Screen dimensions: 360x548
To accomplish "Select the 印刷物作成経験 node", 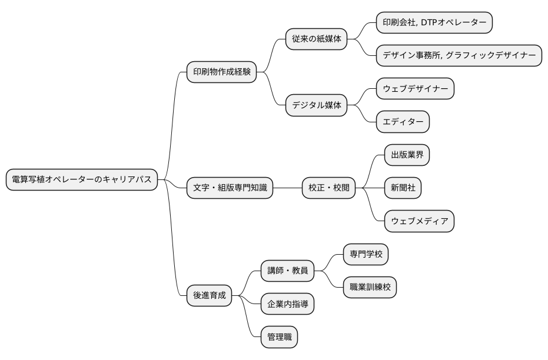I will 221,72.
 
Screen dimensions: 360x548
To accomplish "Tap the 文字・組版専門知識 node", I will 230,188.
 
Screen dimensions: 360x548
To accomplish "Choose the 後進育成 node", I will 209,295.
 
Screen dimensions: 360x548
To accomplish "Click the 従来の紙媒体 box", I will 316,39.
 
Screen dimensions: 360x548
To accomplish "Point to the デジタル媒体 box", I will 316,105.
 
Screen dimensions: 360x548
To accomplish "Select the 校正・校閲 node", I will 328,188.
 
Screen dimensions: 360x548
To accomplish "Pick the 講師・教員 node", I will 287,271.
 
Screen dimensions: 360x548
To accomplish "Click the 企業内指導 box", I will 287,304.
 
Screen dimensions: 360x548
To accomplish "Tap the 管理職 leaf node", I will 279,337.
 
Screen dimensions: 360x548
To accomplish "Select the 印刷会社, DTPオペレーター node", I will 434,22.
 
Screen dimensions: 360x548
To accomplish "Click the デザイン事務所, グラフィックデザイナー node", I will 459,55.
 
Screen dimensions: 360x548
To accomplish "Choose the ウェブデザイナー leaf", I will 415,89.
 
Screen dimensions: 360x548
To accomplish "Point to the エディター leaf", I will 403,122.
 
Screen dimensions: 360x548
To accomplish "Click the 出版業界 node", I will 407,155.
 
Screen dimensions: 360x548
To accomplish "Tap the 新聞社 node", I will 403,188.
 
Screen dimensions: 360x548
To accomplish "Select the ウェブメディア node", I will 419,221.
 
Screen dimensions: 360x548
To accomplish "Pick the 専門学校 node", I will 366,254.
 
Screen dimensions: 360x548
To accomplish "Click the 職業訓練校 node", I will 370,288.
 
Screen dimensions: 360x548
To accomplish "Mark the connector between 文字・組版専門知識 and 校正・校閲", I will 288,188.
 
